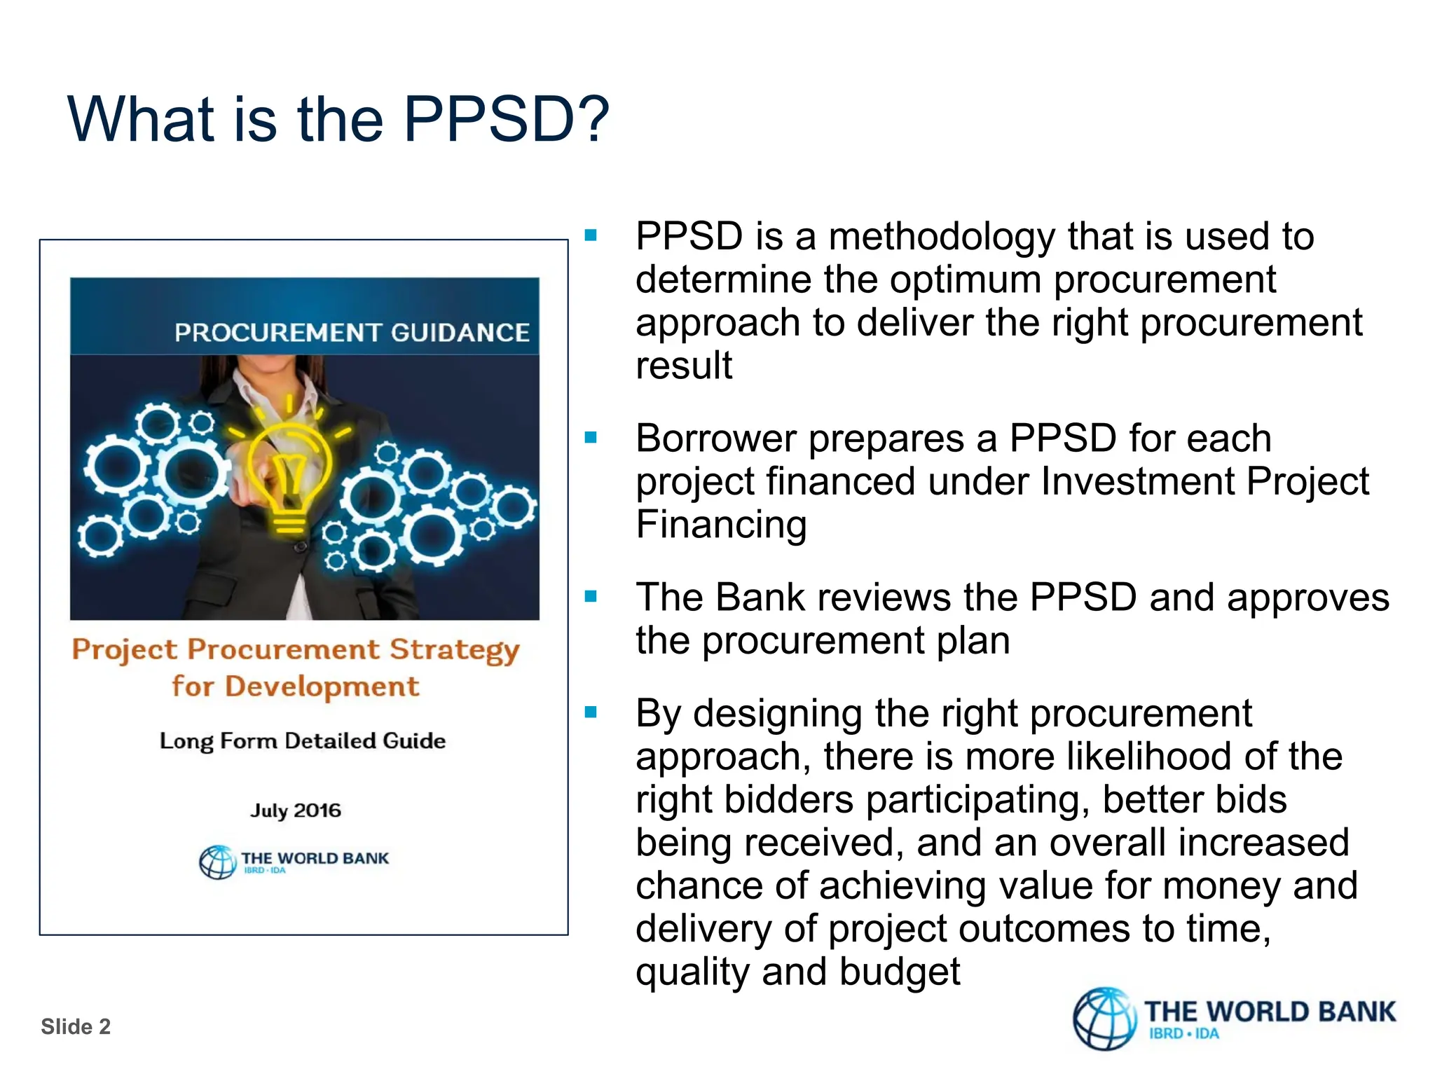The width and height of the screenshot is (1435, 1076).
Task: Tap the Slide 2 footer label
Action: point(76,1026)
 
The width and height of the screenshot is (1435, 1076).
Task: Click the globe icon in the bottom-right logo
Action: point(1104,1019)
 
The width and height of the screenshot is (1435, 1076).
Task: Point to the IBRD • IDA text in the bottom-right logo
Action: point(1183,1034)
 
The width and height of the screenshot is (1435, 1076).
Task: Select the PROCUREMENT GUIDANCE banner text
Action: point(352,332)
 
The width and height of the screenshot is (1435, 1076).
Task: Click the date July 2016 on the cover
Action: point(296,811)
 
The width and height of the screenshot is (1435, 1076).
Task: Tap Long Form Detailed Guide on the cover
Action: point(302,741)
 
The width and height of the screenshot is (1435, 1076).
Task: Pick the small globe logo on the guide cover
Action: point(218,862)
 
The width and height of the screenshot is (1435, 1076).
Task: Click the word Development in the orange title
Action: point(322,687)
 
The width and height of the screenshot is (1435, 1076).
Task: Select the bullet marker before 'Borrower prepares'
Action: point(591,438)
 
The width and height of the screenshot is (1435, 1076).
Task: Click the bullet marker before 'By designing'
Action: point(591,712)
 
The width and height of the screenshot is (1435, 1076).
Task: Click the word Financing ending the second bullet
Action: point(721,525)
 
